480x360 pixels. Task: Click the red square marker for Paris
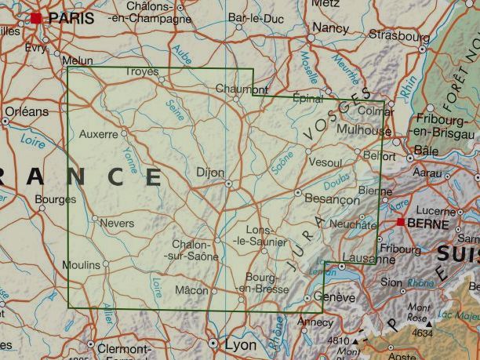pyautogui.click(x=36, y=17)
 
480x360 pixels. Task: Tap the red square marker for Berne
pyautogui.click(x=401, y=223)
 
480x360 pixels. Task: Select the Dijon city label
pyautogui.click(x=210, y=173)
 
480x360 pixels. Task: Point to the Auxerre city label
pyautogui.click(x=98, y=133)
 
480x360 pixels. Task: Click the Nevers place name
pyautogui.click(x=118, y=224)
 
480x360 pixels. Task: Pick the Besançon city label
pyautogui.click(x=332, y=200)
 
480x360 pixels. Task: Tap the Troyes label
pyautogui.click(x=142, y=71)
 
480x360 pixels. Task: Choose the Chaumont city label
pyautogui.click(x=236, y=89)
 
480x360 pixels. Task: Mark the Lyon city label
pyautogui.click(x=240, y=344)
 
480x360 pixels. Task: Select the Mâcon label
pyautogui.click(x=192, y=291)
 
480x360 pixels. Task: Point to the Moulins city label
pyautogui.click(x=81, y=265)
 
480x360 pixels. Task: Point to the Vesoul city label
pyautogui.click(x=326, y=162)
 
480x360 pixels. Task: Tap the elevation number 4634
pyautogui.click(x=421, y=333)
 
